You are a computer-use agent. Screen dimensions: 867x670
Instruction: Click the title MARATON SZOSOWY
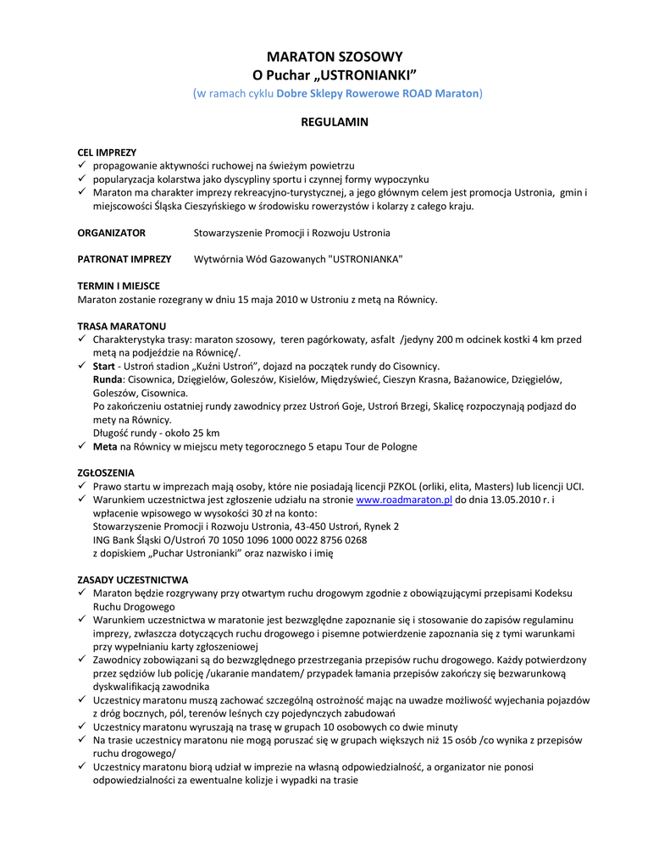click(x=335, y=57)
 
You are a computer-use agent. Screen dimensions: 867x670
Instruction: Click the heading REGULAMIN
click(x=335, y=122)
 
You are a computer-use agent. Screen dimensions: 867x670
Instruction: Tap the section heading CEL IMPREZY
click(x=107, y=152)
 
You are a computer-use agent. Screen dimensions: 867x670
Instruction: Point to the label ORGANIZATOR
click(x=112, y=233)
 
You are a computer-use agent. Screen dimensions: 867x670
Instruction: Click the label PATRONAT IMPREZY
click(x=125, y=259)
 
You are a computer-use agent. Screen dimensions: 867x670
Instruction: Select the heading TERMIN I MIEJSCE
click(x=119, y=286)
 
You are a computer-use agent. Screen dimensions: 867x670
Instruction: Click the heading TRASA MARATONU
click(x=122, y=326)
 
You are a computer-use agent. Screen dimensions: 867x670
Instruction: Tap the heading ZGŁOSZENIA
click(x=106, y=473)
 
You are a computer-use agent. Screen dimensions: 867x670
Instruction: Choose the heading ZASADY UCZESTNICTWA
click(x=133, y=580)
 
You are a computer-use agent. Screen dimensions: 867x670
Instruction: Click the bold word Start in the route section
click(x=104, y=367)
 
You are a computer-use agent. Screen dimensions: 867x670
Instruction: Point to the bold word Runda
click(x=108, y=380)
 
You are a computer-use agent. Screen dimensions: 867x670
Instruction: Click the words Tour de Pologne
click(x=377, y=446)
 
